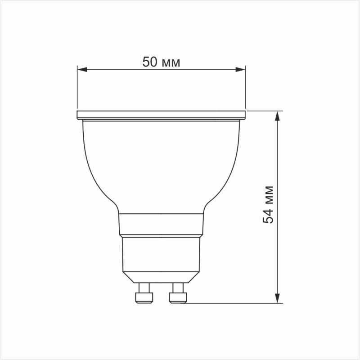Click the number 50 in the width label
click(149, 62)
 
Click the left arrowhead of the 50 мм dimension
click(81, 69)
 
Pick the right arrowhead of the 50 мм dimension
click(241, 69)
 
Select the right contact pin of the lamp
click(177, 293)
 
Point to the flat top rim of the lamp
click(161, 114)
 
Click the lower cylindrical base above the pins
click(161, 254)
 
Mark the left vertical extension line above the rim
click(77, 90)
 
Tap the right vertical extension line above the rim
click(246, 90)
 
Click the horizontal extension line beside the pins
click(234, 303)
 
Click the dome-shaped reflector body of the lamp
click(161, 166)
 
